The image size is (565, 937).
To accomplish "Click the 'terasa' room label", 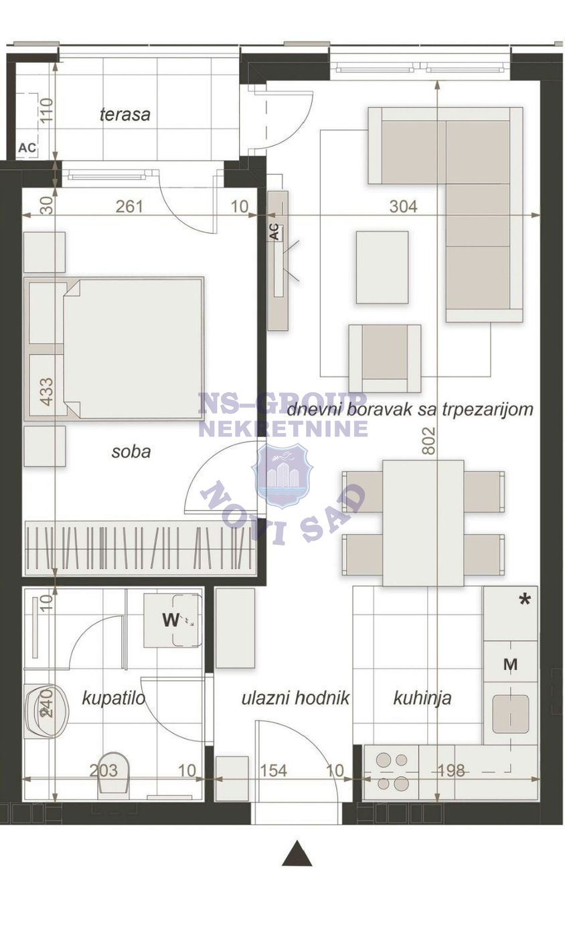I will click(x=125, y=114).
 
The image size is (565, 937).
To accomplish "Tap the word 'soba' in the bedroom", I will click(x=131, y=451).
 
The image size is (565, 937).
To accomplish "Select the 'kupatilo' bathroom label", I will click(x=114, y=699).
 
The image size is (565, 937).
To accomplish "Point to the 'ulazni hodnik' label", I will click(x=296, y=698).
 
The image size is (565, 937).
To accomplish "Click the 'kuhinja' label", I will click(x=422, y=698).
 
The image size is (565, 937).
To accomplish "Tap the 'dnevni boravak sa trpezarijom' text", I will click(x=410, y=409).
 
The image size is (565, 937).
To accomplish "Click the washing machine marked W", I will click(x=173, y=620).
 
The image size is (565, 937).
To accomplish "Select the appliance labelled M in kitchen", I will click(x=510, y=665).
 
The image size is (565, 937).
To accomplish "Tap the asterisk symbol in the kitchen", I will click(x=525, y=600).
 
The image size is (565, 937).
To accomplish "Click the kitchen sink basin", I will click(x=510, y=713).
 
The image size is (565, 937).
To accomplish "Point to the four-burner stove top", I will click(x=392, y=772).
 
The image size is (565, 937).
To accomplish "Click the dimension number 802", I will click(x=429, y=440).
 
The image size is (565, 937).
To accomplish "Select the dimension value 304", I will click(x=403, y=207).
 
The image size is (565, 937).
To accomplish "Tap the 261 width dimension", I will click(x=129, y=206).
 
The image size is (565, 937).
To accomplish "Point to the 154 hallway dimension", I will click(x=273, y=770).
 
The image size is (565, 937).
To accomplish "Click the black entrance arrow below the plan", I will click(x=297, y=854).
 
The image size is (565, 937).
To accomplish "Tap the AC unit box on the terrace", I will click(x=27, y=148).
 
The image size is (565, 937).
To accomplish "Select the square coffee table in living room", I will click(x=382, y=267).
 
